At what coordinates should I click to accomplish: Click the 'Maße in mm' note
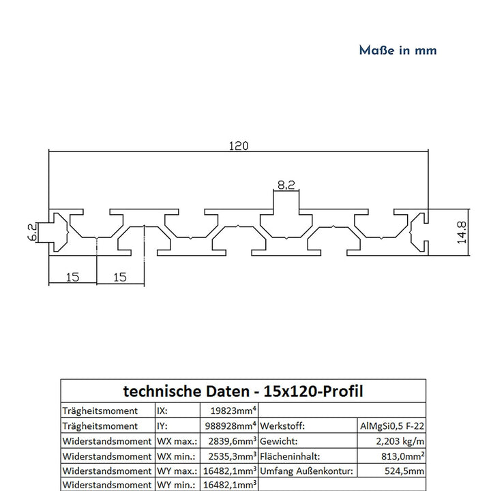click(x=398, y=50)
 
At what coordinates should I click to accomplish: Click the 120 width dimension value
click(x=238, y=145)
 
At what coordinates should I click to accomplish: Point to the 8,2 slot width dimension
click(x=286, y=184)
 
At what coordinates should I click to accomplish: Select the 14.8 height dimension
click(x=462, y=232)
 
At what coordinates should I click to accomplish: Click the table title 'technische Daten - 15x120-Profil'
click(x=243, y=391)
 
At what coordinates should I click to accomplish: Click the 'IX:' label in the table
click(x=164, y=411)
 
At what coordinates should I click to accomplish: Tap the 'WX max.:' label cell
click(x=178, y=441)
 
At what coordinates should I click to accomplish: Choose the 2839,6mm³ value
click(x=230, y=441)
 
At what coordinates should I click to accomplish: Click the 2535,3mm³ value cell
click(x=230, y=456)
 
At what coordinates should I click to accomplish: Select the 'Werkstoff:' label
click(x=284, y=426)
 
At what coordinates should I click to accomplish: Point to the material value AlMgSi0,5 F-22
click(x=392, y=426)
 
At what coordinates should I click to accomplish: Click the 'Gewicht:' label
click(x=280, y=441)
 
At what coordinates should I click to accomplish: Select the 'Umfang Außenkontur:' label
click(x=306, y=471)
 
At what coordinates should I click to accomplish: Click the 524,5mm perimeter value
click(x=406, y=471)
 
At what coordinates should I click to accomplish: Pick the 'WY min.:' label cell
click(x=177, y=485)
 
